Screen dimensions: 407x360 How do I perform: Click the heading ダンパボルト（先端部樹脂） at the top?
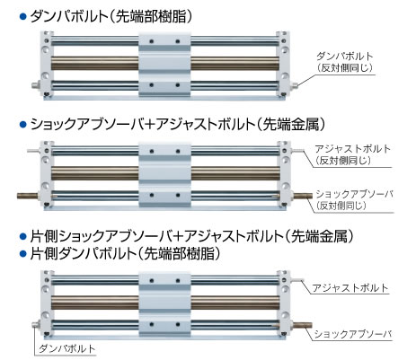coord(111,16)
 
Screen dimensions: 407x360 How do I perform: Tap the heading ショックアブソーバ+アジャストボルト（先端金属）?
coord(178,124)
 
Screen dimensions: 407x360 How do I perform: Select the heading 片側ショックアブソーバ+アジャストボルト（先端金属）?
coord(192,236)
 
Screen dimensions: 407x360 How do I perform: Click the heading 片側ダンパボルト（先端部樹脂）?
coord(126,254)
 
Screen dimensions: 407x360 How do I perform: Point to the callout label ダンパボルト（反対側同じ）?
coord(345,62)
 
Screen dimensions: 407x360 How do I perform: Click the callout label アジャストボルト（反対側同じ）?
coord(353,154)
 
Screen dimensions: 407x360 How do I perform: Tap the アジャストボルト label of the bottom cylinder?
coord(350,288)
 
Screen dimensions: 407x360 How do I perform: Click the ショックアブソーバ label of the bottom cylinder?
coord(353,334)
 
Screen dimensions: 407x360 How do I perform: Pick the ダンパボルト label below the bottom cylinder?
coord(67,348)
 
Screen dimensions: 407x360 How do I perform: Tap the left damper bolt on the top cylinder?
coord(36,85)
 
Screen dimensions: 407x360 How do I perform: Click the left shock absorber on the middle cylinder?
coord(28,196)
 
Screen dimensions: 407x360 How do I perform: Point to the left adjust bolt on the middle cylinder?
coord(33,151)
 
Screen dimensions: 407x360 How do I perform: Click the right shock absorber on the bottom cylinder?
coord(302,325)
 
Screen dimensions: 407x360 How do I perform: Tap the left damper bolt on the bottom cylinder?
coord(36,325)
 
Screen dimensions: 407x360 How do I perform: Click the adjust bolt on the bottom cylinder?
coord(296,280)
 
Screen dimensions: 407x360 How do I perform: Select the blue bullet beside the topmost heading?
coord(22,17)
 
